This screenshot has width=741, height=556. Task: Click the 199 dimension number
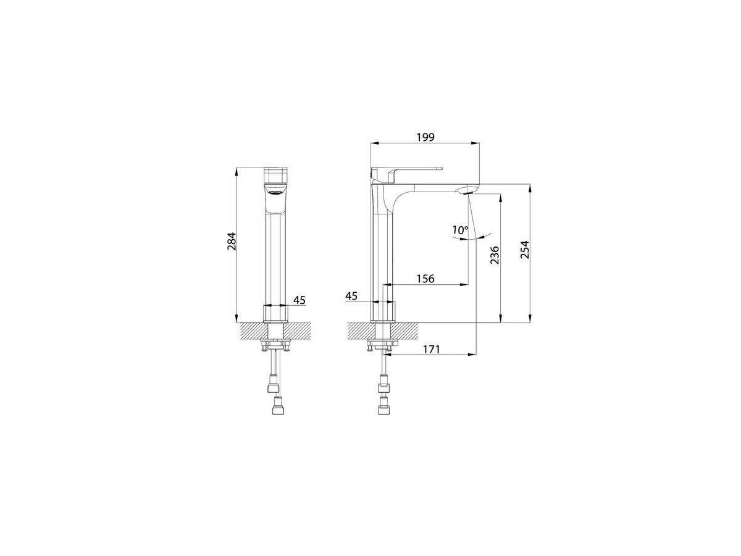click(425, 137)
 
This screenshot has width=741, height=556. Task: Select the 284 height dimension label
click(232, 242)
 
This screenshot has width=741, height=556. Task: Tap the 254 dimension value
click(525, 250)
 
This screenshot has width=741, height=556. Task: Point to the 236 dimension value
click(494, 255)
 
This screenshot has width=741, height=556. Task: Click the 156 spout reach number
click(425, 279)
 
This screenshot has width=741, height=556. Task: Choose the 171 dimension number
click(431, 349)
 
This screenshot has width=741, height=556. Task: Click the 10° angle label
click(461, 230)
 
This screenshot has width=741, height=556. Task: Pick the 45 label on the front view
click(299, 300)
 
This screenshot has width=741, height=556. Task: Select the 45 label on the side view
click(351, 296)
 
